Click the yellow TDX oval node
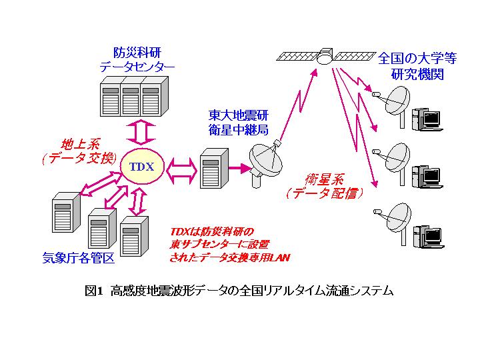[x=142, y=166]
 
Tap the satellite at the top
[x=325, y=56]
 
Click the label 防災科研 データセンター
[x=137, y=60]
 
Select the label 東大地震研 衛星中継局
[x=239, y=123]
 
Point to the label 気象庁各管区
[x=79, y=258]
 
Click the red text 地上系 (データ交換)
[x=80, y=151]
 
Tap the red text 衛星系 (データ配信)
[x=325, y=186]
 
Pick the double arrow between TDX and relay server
[x=181, y=171]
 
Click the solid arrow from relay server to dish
[x=240, y=168]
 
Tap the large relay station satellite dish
[x=265, y=163]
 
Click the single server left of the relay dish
[x=214, y=168]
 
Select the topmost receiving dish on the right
[x=393, y=104]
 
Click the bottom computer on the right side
[x=428, y=237]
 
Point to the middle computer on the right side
[x=427, y=177]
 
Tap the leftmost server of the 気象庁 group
[x=66, y=212]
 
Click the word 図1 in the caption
[x=93, y=291]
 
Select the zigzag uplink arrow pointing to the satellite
[x=299, y=104]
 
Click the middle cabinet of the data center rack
[x=131, y=96]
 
